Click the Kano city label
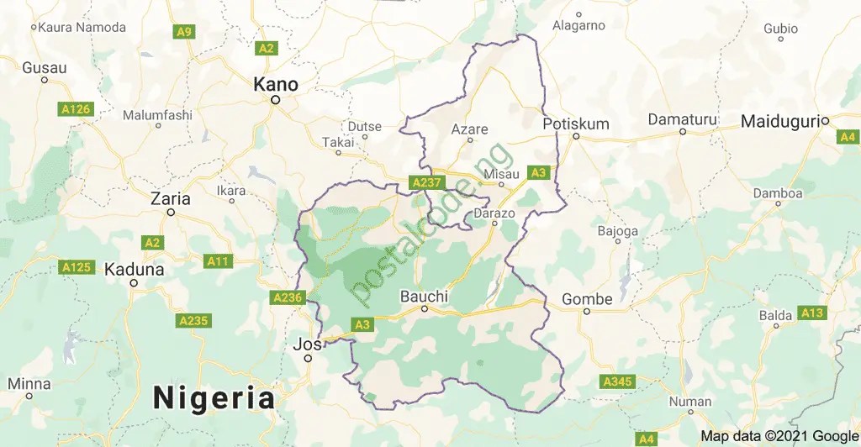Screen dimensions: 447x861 pos(276,85)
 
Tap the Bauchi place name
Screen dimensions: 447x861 pos(424,297)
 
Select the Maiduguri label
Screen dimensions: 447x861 pos(779,123)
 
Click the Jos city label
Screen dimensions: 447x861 pos(303,344)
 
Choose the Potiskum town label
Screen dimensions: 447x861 pos(576,124)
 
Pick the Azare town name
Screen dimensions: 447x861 pos(469,129)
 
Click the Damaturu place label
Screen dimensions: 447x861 pos(682,120)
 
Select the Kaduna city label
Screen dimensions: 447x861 pos(134,270)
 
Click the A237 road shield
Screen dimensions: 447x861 pos(425,182)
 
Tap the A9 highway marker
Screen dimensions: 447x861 pos(183,32)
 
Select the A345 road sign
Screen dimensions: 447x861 pos(617,382)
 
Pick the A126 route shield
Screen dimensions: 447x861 pos(75,109)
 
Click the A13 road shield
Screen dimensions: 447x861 pos(812,313)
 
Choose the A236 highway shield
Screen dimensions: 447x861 pos(286,297)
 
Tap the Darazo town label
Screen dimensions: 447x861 pos(494,213)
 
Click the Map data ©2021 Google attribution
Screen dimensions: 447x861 pos(779,436)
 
